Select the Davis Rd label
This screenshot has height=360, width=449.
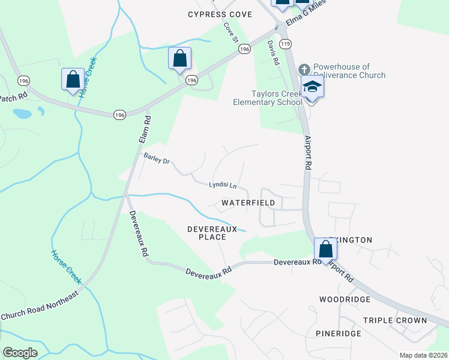point(273,53)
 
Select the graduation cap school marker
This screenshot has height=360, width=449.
point(312,87)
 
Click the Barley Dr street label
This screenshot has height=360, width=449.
point(157,158)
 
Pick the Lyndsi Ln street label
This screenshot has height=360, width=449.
point(223,186)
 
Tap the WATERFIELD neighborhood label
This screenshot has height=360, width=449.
point(248,203)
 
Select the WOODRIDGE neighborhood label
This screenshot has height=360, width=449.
point(340,299)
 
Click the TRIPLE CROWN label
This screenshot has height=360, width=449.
point(395,320)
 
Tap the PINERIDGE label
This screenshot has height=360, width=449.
point(339,333)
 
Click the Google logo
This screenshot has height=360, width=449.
point(20,353)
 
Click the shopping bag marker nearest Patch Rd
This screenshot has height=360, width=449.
point(73,79)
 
